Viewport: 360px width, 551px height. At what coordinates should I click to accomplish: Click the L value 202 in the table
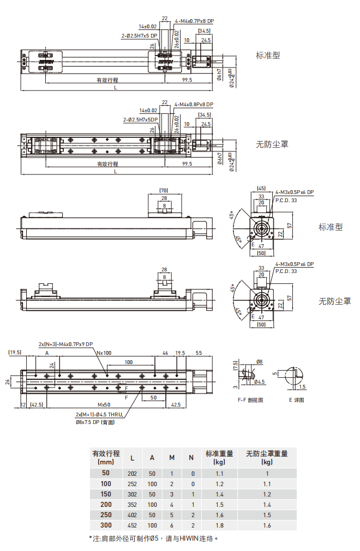pos(132,473)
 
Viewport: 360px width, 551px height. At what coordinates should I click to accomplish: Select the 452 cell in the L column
pos(132,525)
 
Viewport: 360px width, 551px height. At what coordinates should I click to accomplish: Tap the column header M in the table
pos(172,457)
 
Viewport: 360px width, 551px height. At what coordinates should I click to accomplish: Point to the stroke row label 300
pos(106,525)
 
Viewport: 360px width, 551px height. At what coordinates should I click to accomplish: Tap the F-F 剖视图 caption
pos(250,399)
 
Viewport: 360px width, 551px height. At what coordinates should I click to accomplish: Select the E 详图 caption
pos(297,399)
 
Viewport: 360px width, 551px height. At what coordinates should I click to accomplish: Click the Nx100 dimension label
pos(104,353)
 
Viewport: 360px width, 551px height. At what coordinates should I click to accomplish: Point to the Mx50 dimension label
pos(104,405)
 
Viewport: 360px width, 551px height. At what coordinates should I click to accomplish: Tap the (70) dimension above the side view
pos(164,190)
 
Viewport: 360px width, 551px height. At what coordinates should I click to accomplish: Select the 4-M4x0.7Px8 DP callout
pos(194,21)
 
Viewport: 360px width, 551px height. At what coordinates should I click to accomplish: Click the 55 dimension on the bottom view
pos(199,353)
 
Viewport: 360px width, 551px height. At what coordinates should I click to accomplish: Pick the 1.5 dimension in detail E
pos(302,386)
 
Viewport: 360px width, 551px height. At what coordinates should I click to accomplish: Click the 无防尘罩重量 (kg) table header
pos(267,457)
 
